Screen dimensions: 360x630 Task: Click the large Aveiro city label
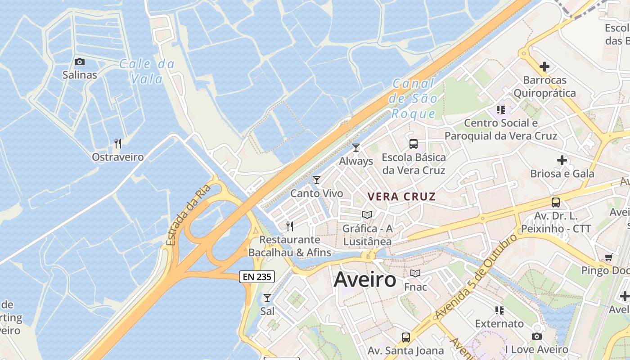[x=365, y=280]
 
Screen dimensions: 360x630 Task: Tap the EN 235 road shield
[x=256, y=277]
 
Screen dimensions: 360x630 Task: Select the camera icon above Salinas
[x=80, y=62]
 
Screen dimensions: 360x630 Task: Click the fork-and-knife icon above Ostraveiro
[x=118, y=144]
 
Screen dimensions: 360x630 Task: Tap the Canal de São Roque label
[x=413, y=99]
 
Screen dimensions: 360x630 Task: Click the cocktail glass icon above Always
[x=356, y=147]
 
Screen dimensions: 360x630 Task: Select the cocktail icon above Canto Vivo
[x=317, y=180]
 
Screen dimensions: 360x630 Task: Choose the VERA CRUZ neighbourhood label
[x=401, y=197]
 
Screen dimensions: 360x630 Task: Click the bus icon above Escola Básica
[x=413, y=144]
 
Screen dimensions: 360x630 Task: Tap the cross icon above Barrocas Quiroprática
[x=544, y=67]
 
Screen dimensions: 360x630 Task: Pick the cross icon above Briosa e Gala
[x=562, y=160]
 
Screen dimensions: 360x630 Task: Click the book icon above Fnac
[x=415, y=273]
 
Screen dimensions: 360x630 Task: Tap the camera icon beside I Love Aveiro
[x=536, y=336]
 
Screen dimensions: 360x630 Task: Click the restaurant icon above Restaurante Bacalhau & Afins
[x=290, y=226]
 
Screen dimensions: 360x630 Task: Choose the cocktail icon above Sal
[x=267, y=297]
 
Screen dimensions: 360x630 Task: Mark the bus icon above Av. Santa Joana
[x=405, y=337]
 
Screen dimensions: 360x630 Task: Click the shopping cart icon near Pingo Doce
[x=609, y=257]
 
